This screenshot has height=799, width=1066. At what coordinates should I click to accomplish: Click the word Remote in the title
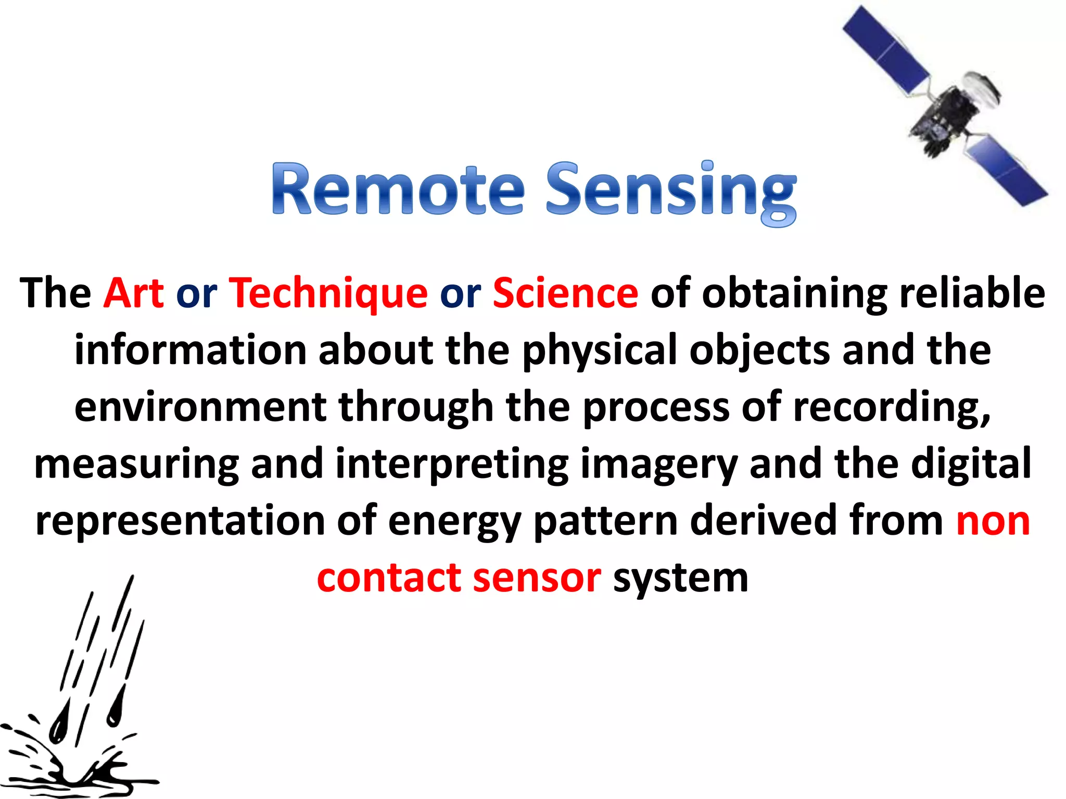(398, 189)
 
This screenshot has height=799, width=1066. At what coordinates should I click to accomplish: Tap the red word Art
(134, 293)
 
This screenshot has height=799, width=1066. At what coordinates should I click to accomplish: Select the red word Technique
(328, 293)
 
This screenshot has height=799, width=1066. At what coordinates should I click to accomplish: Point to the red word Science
(565, 293)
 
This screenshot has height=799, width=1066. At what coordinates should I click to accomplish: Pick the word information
(191, 350)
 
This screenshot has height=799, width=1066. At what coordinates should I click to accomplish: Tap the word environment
(200, 407)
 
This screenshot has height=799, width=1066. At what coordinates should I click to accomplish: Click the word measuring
(137, 465)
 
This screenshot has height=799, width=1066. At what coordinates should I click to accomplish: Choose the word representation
(180, 521)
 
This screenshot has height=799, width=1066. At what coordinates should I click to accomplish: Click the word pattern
(606, 521)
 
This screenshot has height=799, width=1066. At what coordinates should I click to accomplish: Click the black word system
(681, 579)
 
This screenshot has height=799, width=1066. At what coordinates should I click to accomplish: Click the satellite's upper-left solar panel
(885, 49)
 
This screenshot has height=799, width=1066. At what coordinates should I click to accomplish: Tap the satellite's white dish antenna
(981, 91)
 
